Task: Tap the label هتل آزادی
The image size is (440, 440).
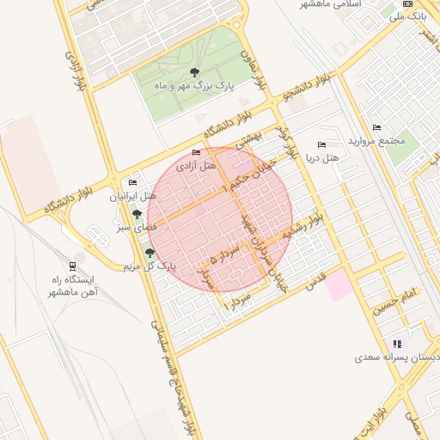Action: pos(195,166)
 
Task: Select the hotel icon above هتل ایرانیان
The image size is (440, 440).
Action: pos(132,183)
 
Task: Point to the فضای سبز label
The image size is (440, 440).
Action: pos(136,229)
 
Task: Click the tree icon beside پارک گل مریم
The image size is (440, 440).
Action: pos(151,253)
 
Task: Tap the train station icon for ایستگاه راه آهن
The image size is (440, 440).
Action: pos(73,266)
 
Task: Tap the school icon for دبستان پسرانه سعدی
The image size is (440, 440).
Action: pos(396,343)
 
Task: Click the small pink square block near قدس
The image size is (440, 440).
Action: pos(339,284)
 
